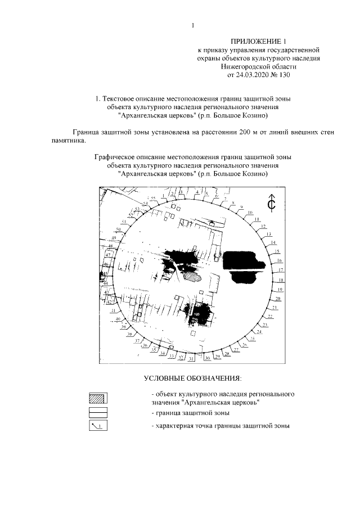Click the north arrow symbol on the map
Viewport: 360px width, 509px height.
271,203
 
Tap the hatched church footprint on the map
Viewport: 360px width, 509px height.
192,276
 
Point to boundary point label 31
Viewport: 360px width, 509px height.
191,358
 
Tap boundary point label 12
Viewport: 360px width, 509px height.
263,226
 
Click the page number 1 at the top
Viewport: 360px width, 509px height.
192,25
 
